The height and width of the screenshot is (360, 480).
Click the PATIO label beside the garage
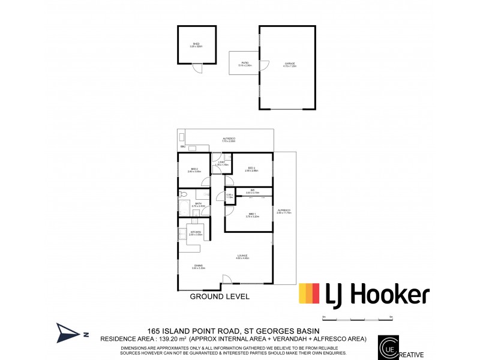point(245,63)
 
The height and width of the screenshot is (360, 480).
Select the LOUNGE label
point(242,257)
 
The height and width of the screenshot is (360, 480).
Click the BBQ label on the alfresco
point(182,147)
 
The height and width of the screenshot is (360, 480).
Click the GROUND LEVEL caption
point(220,296)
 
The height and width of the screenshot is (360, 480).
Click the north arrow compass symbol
point(67,332)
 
